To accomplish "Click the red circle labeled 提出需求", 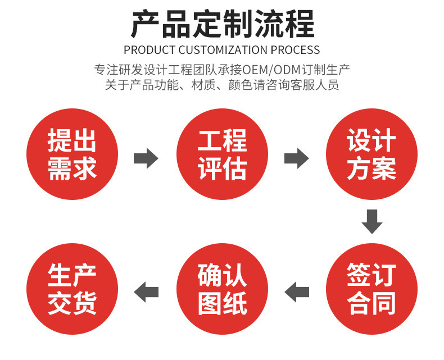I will (x=73, y=154).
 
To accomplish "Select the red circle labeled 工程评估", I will (x=222, y=154).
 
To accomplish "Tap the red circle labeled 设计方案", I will (x=371, y=154).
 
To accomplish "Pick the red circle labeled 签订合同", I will (x=371, y=290).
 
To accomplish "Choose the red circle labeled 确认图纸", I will (x=222, y=290).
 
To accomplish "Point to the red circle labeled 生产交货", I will (x=73, y=290).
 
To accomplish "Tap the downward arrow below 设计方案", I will (x=371, y=221).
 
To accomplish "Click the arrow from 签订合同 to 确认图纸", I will (x=297, y=292).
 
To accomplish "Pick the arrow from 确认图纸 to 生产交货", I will (x=146, y=292).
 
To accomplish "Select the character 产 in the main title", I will (x=146, y=24).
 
